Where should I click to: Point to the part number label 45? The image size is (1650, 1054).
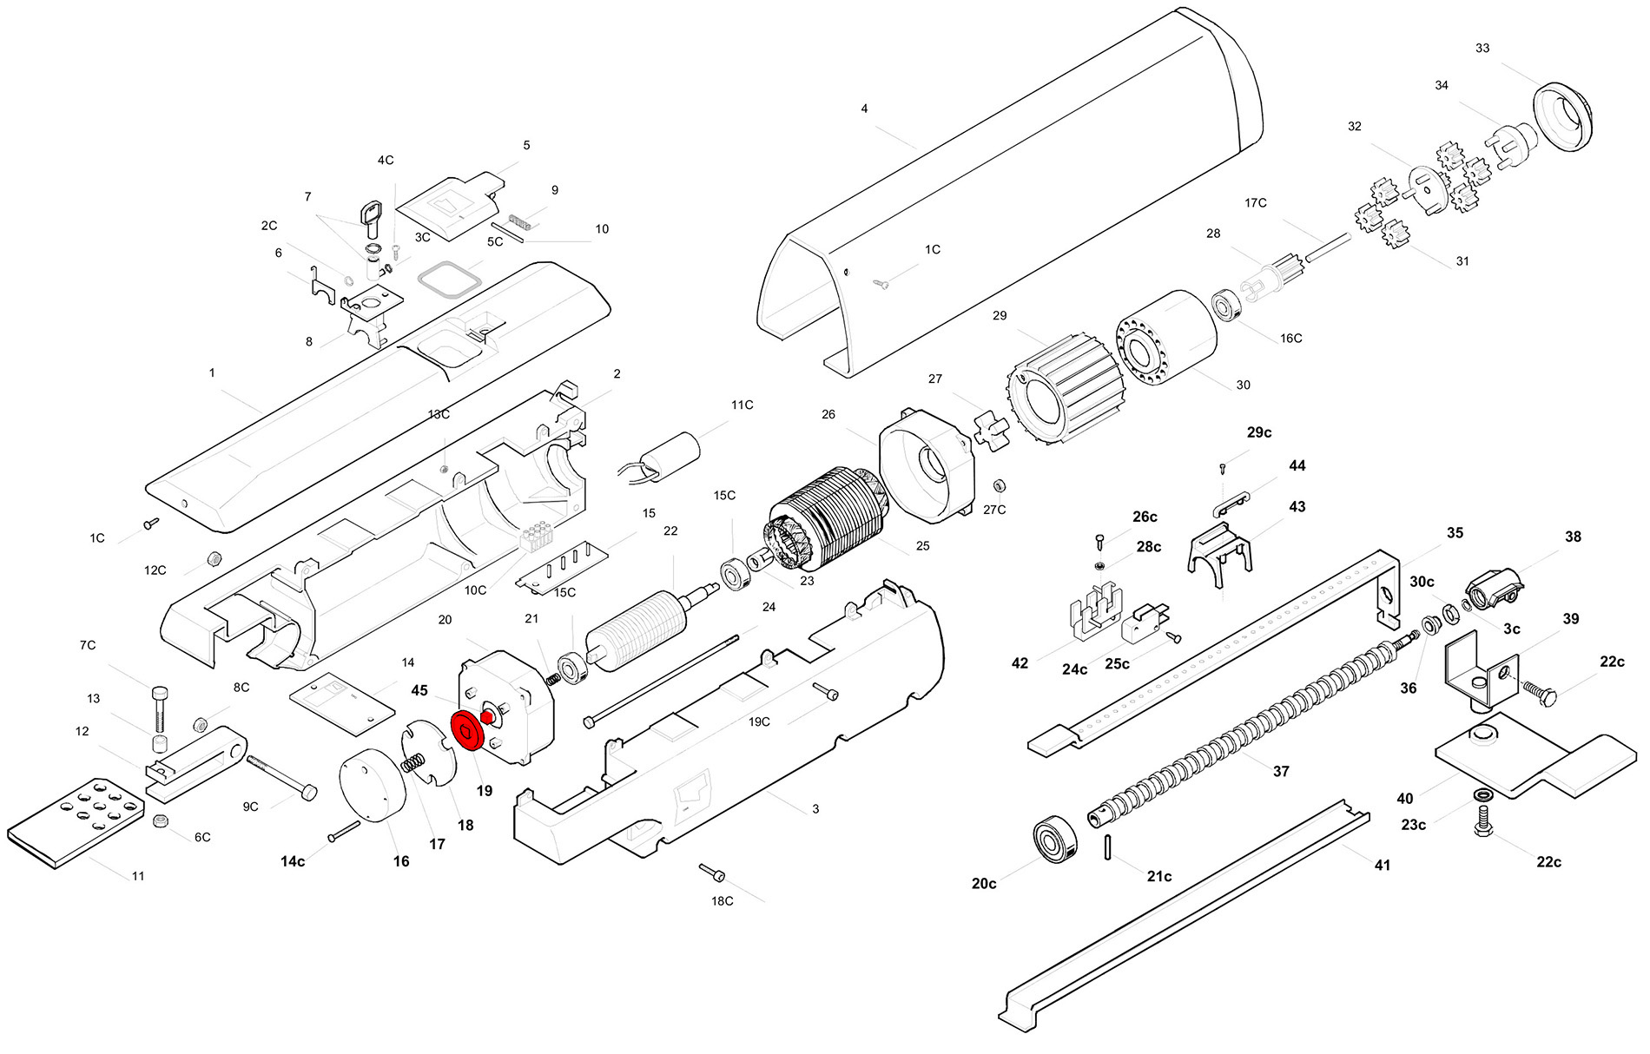[x=419, y=691]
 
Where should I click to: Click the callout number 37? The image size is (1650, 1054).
[x=1281, y=771]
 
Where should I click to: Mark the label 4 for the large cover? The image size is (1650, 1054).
[x=864, y=109]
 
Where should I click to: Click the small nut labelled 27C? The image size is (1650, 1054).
[x=999, y=484]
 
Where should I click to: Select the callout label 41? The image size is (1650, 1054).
[x=1382, y=865]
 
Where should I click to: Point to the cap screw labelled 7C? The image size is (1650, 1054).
[x=160, y=708]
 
